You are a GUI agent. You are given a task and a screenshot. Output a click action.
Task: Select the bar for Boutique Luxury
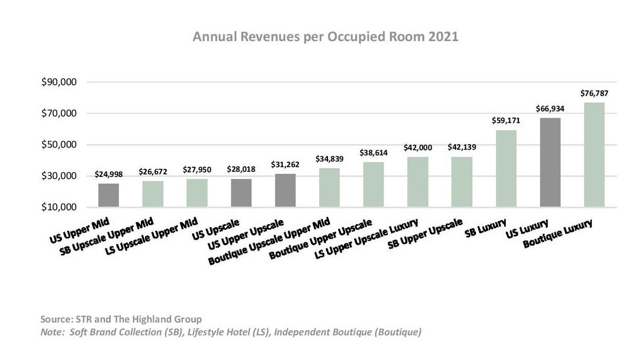pos(594,155)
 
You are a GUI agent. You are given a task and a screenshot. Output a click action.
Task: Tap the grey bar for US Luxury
pos(550,163)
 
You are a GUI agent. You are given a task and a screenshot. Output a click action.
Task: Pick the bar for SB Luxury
pos(506,169)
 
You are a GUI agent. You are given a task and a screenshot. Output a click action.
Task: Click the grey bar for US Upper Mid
pos(108,195)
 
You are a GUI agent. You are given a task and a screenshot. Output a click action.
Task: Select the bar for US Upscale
pos(241,193)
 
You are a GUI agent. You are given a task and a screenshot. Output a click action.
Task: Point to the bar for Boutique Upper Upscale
pos(374,185)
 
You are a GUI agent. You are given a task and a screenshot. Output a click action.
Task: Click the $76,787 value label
pos(594,94)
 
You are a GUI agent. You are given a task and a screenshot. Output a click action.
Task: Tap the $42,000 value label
pos(417,148)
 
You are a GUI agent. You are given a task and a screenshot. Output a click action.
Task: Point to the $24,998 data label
pos(108,174)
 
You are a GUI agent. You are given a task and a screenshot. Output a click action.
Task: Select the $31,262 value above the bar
pos(285,165)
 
